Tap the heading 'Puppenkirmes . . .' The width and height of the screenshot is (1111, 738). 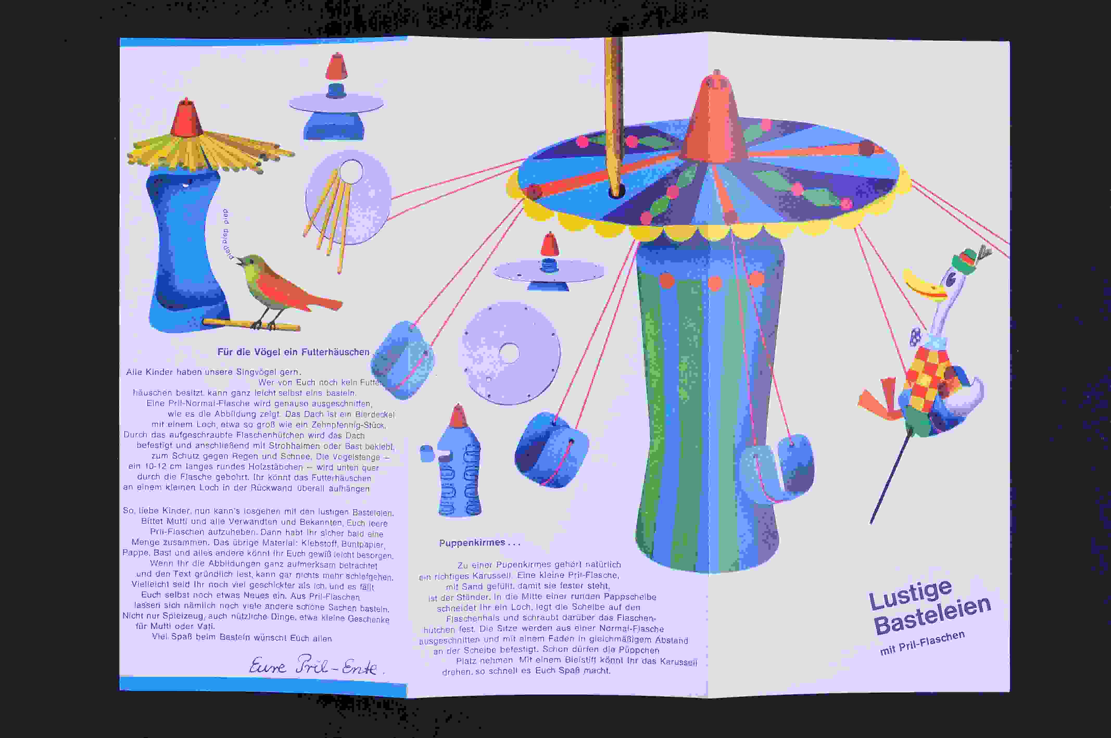tap(479, 543)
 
